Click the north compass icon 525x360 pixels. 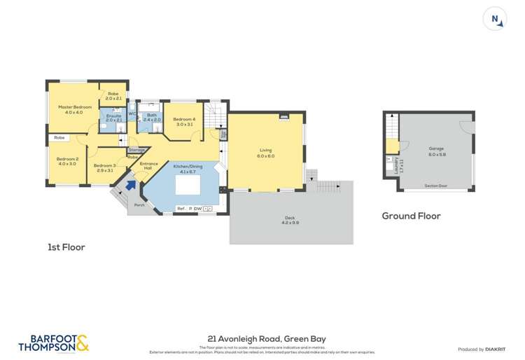click(496, 20)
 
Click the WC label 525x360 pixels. click(132, 113)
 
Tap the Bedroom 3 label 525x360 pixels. click(105, 167)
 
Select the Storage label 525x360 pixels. click(136, 149)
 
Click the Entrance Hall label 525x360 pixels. click(148, 166)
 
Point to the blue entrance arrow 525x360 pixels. click(132, 184)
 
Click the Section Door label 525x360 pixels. click(435, 186)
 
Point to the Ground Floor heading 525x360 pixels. click(411, 216)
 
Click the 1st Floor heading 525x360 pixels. click(66, 247)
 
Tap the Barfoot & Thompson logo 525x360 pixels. click(53, 342)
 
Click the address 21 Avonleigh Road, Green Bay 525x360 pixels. click(267, 338)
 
